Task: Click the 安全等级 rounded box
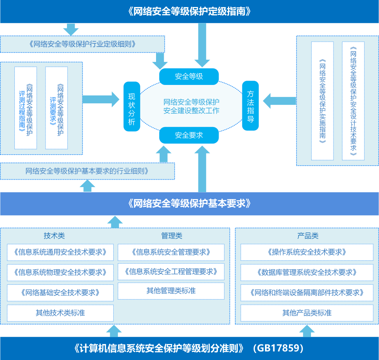click(189, 76)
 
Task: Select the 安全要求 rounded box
click(189, 135)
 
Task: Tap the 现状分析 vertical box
click(132, 106)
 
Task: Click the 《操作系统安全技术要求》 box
click(307, 252)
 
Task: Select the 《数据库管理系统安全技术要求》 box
click(307, 272)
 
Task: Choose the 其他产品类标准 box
click(307, 313)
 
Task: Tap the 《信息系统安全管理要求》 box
click(171, 252)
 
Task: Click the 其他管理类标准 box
click(171, 291)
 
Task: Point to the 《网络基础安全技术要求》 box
click(60, 293)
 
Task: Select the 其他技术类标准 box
click(60, 313)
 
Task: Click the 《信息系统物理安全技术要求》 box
click(60, 272)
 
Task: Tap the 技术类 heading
click(54, 236)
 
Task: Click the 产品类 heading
click(308, 236)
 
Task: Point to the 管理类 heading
click(172, 236)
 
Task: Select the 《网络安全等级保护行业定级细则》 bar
click(82, 44)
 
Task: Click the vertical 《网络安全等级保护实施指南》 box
click(323, 101)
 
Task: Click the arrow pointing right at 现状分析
click(102, 99)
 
